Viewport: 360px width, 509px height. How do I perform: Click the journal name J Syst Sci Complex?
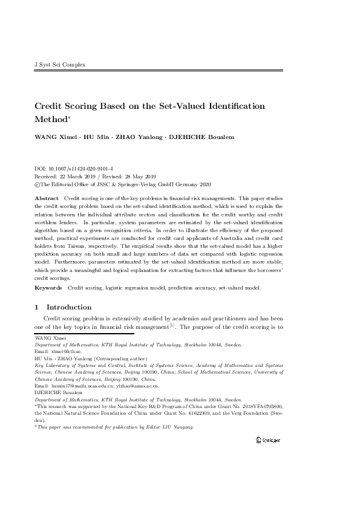(51, 64)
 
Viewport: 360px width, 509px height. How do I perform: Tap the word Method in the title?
(51, 120)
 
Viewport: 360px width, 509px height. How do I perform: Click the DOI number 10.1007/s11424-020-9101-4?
(79, 169)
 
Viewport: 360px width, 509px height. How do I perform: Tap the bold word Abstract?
(47, 198)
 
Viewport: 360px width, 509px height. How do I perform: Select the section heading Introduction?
(69, 307)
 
